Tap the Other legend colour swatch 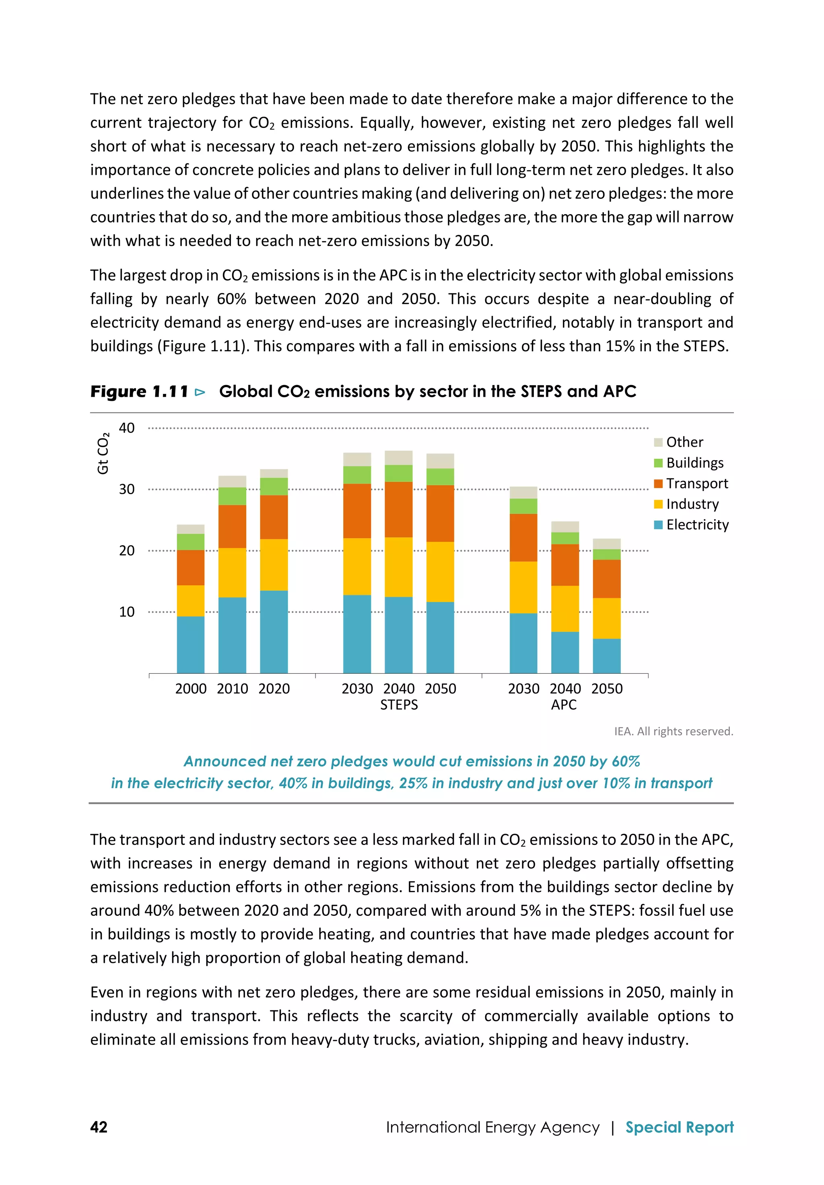pyautogui.click(x=658, y=442)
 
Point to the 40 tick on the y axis pyautogui.click(x=126, y=428)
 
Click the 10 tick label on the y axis pyautogui.click(x=126, y=612)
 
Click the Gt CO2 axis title pyautogui.click(x=103, y=453)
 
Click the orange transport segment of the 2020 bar pyautogui.click(x=274, y=517)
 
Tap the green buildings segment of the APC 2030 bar pyautogui.click(x=523, y=506)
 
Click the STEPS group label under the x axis pyautogui.click(x=399, y=705)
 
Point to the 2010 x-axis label pyautogui.click(x=232, y=689)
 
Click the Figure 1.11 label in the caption pyautogui.click(x=139, y=392)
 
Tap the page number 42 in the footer pyautogui.click(x=99, y=1127)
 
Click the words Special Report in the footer pyautogui.click(x=679, y=1127)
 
